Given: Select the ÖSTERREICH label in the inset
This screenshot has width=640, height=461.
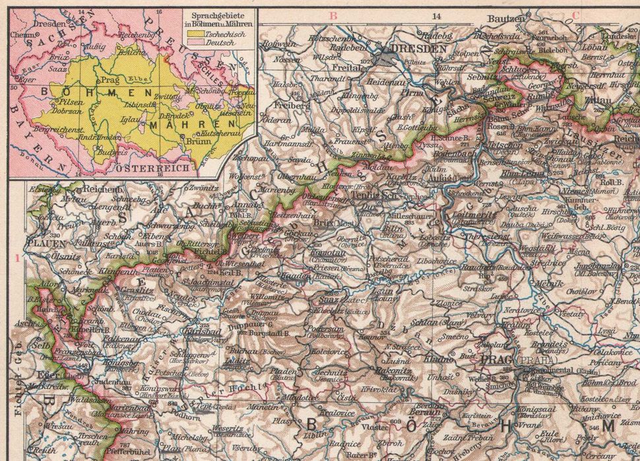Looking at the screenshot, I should (147, 169).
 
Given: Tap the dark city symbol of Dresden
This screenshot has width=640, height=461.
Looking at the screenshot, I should (385, 57).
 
